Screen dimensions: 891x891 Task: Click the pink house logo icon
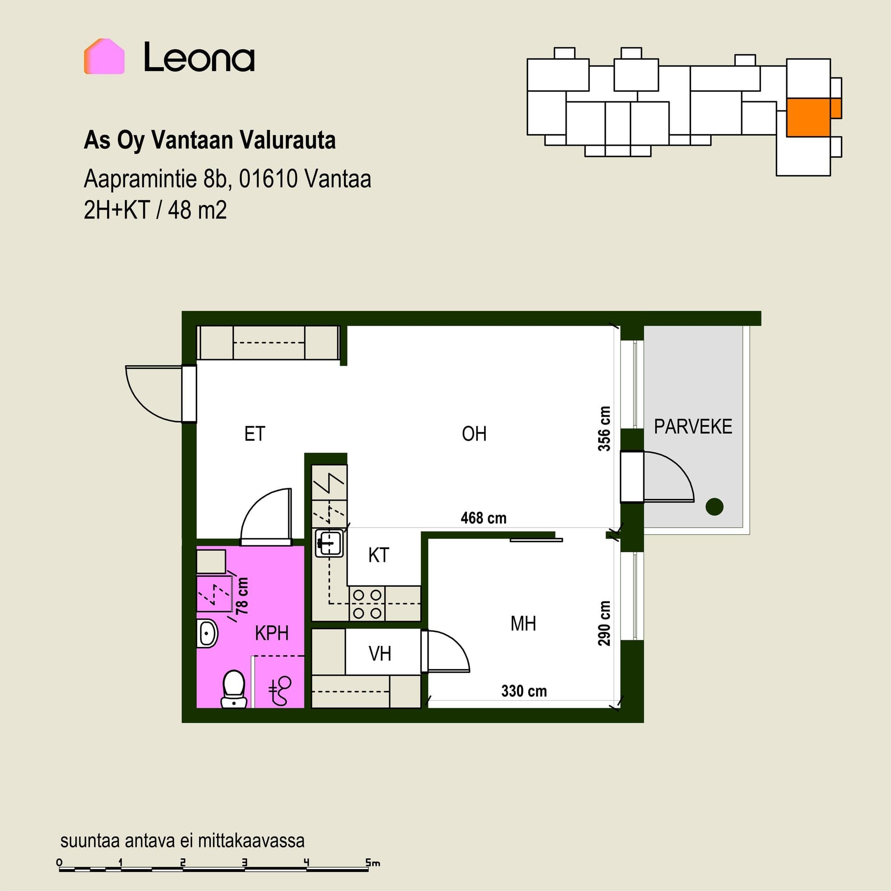104,56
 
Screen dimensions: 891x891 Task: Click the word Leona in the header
199,57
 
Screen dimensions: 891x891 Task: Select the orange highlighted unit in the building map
814,117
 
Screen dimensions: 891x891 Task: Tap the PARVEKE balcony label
693,426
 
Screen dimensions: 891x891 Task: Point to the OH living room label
474,434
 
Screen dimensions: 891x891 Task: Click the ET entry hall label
255,434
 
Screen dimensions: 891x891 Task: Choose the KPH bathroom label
272,633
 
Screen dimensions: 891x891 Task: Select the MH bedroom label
523,624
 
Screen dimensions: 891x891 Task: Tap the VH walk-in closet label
380,654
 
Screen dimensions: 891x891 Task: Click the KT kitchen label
379,555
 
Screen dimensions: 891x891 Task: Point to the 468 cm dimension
484,518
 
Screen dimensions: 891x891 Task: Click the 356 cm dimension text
604,428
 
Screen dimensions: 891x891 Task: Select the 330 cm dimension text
524,691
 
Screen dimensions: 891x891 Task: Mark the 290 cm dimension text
604,623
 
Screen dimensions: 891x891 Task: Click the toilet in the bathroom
233,689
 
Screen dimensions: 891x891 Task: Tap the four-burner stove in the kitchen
367,604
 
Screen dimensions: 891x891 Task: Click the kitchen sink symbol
329,542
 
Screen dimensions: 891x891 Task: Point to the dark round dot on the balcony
715,506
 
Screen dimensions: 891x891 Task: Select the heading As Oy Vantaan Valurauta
210,140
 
